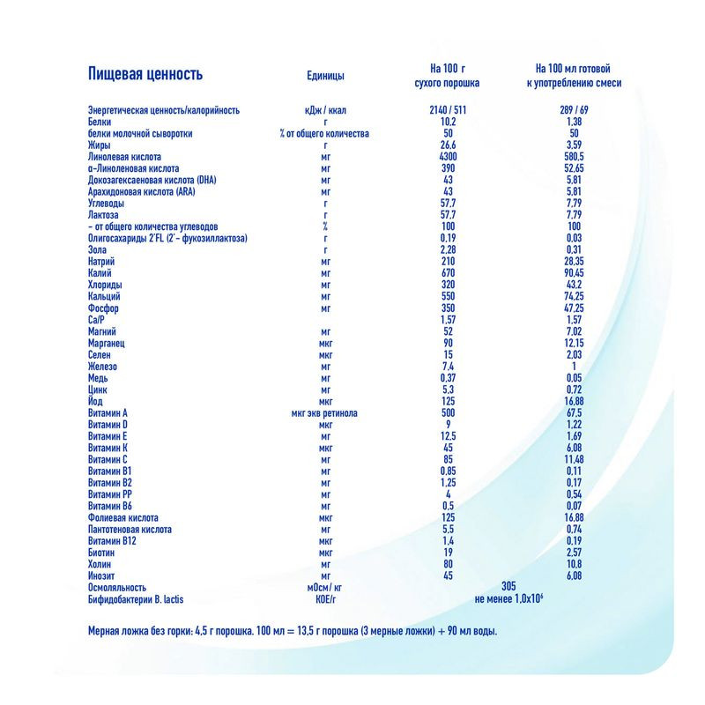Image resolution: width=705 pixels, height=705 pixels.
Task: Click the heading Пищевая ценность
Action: coord(145,75)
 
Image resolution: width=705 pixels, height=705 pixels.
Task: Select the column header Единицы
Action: coord(325,76)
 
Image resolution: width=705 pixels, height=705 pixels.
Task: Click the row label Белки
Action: coord(100,122)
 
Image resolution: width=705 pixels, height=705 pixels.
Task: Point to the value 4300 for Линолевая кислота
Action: coord(447,156)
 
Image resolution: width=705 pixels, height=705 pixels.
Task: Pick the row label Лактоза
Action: coord(105,214)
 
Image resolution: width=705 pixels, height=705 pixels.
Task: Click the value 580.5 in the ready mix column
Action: coord(574,156)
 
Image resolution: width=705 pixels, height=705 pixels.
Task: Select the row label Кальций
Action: coord(106,297)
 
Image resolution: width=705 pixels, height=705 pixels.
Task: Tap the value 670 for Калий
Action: coord(447,273)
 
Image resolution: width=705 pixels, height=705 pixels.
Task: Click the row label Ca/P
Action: coord(98,320)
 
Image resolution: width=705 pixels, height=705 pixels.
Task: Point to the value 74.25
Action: coord(574,297)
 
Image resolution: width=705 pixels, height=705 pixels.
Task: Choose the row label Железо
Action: coord(104,366)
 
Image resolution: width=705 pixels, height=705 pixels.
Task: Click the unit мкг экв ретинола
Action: coord(325,412)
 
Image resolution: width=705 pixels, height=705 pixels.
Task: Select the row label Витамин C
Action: coord(109,459)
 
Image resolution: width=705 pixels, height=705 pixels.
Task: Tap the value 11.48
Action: coord(574,459)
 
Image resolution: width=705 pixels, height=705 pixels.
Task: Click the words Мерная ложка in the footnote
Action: coord(115,631)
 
